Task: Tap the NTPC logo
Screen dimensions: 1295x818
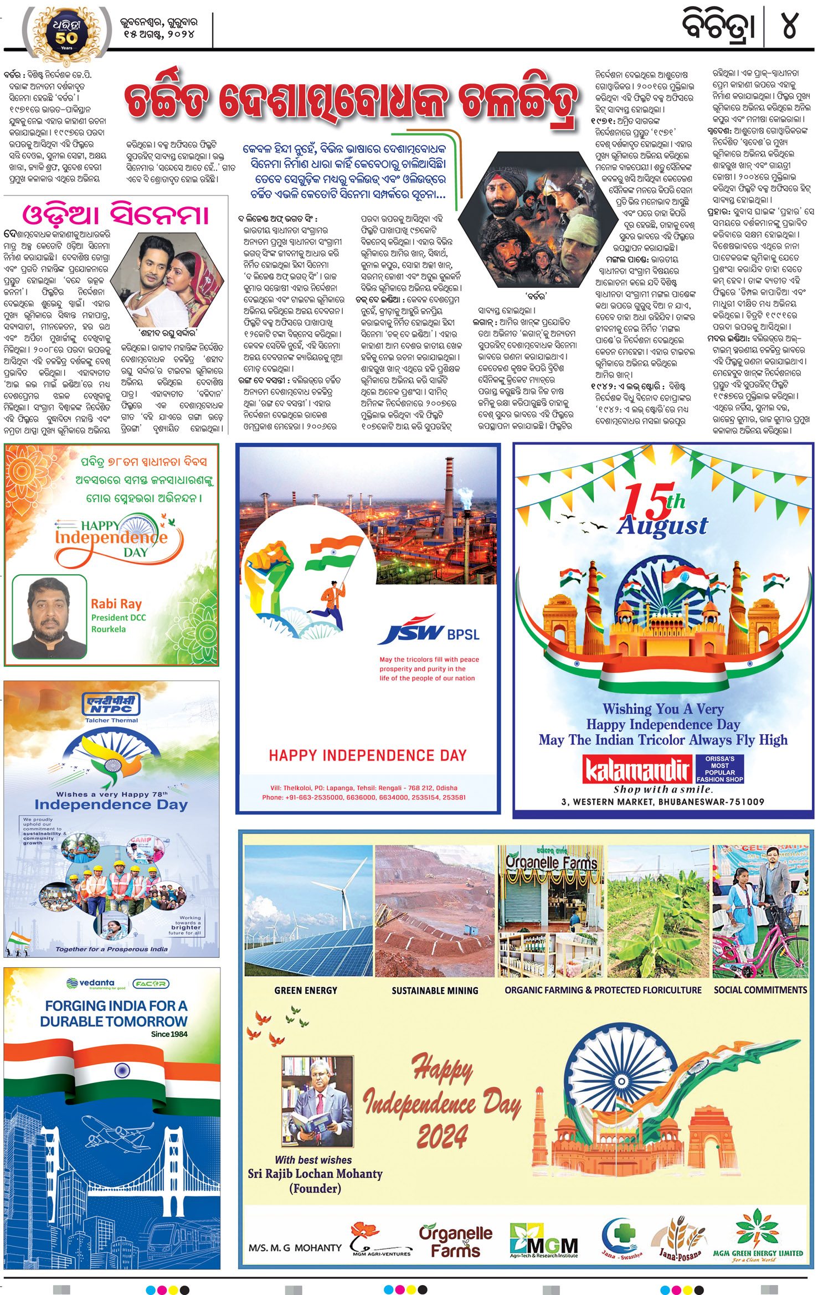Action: point(111,705)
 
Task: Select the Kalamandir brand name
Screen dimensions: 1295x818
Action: point(637,769)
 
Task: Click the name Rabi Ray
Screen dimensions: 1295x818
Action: point(116,603)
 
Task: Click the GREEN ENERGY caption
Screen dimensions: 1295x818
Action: point(306,990)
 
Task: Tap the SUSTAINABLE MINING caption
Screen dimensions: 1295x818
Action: point(435,990)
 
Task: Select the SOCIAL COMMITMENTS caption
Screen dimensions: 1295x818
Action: point(760,989)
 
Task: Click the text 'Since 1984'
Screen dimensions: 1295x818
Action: point(169,1034)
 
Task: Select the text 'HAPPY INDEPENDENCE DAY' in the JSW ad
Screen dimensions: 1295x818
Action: point(368,755)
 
